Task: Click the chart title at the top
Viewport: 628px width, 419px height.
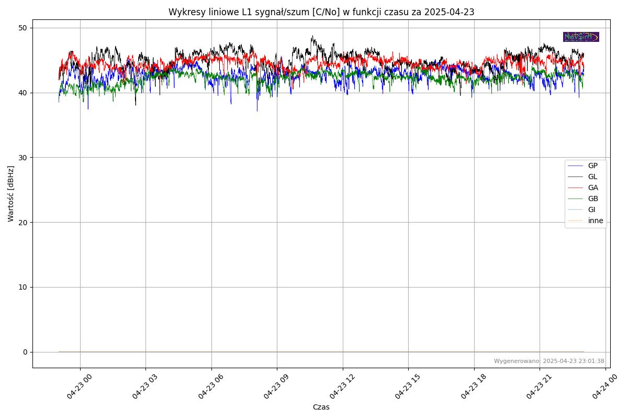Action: point(321,12)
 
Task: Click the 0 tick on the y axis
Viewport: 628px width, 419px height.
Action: point(25,352)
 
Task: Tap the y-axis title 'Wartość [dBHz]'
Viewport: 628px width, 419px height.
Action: point(11,194)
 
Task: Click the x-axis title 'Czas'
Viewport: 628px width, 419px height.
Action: point(321,407)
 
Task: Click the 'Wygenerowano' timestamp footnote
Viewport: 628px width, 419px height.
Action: point(549,361)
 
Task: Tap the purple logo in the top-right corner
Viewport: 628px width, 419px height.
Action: point(581,37)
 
